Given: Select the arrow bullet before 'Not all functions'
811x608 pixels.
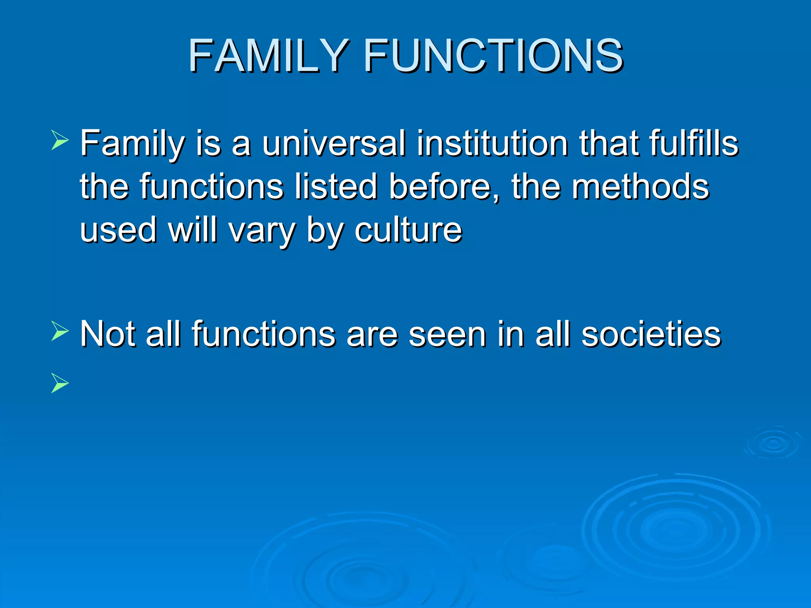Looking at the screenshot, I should click(x=60, y=332).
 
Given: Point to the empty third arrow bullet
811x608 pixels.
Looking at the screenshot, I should click(x=60, y=383).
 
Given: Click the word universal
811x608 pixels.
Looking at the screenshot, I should click(x=333, y=143).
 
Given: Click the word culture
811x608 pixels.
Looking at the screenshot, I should click(x=408, y=230).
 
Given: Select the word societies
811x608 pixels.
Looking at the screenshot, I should click(x=651, y=334).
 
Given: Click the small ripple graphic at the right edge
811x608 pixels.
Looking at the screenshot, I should click(x=773, y=443).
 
